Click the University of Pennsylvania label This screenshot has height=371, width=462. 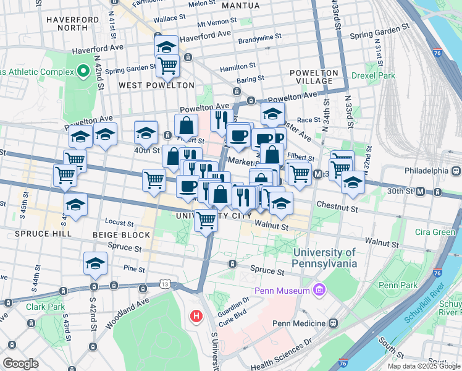coord(324,258)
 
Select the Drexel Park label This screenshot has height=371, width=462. coord(372,75)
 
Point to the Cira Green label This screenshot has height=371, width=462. coord(435,232)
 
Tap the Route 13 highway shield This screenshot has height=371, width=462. coord(164,284)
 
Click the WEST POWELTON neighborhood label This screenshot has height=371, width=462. coord(156,85)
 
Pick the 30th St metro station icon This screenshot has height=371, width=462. coord(421,192)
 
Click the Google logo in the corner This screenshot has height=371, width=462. coord(20,364)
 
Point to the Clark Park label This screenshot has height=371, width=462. coord(44,306)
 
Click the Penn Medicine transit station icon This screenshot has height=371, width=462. coord(333,323)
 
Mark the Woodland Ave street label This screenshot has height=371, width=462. coord(131,307)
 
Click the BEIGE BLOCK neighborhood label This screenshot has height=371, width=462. coord(121,235)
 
